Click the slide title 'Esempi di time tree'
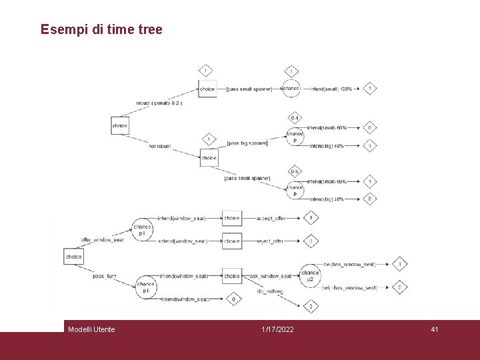(x=101, y=29)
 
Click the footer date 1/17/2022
(x=277, y=329)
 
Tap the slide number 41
(x=434, y=329)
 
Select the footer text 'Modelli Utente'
(x=91, y=329)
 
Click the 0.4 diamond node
(x=294, y=119)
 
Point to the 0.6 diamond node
(x=294, y=172)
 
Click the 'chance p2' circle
(x=310, y=275)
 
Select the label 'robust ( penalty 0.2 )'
(x=159, y=103)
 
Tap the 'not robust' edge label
(x=159, y=146)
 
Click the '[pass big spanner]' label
(x=247, y=143)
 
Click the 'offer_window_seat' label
(x=102, y=240)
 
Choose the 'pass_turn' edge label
(x=105, y=276)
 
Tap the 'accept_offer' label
(x=270, y=218)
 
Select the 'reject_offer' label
(x=270, y=241)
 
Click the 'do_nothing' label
(x=270, y=291)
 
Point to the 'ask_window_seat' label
(x=271, y=276)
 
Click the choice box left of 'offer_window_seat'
(x=74, y=257)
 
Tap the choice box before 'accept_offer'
(x=232, y=218)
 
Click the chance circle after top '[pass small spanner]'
(x=291, y=88)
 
